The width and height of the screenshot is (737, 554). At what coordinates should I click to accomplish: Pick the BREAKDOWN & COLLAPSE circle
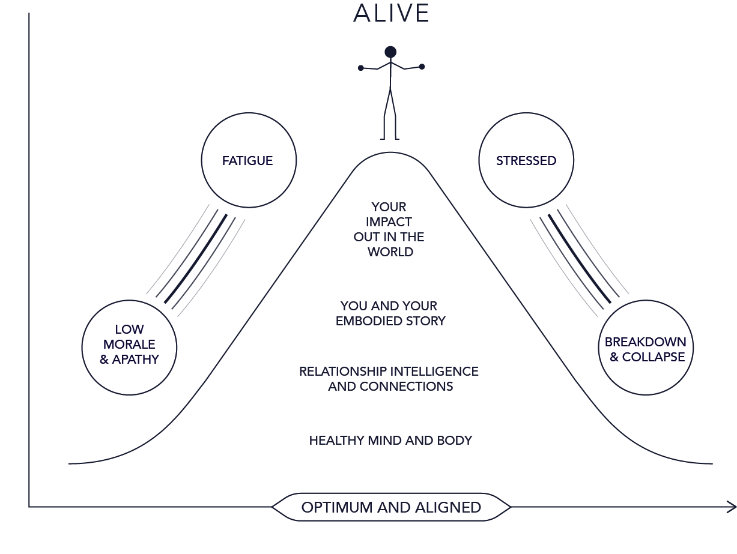pos(645,349)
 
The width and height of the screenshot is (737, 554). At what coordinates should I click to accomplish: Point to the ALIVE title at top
pos(391,13)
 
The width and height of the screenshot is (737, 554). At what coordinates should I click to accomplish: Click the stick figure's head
pos(391,52)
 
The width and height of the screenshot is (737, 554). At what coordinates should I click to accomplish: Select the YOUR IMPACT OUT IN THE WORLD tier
pos(390,229)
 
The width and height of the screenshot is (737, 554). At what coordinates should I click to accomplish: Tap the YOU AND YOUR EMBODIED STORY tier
pos(390,313)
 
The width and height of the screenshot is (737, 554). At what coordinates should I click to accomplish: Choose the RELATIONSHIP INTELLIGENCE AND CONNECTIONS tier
pos(390,378)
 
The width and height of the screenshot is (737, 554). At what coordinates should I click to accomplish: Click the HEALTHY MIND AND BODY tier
pos(390,440)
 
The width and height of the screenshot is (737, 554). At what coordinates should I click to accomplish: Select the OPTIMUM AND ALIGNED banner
pos(391,507)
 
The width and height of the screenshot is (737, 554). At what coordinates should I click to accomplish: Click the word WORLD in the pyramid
pos(390,252)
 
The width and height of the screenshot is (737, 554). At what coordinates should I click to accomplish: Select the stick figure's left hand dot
pos(360,67)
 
